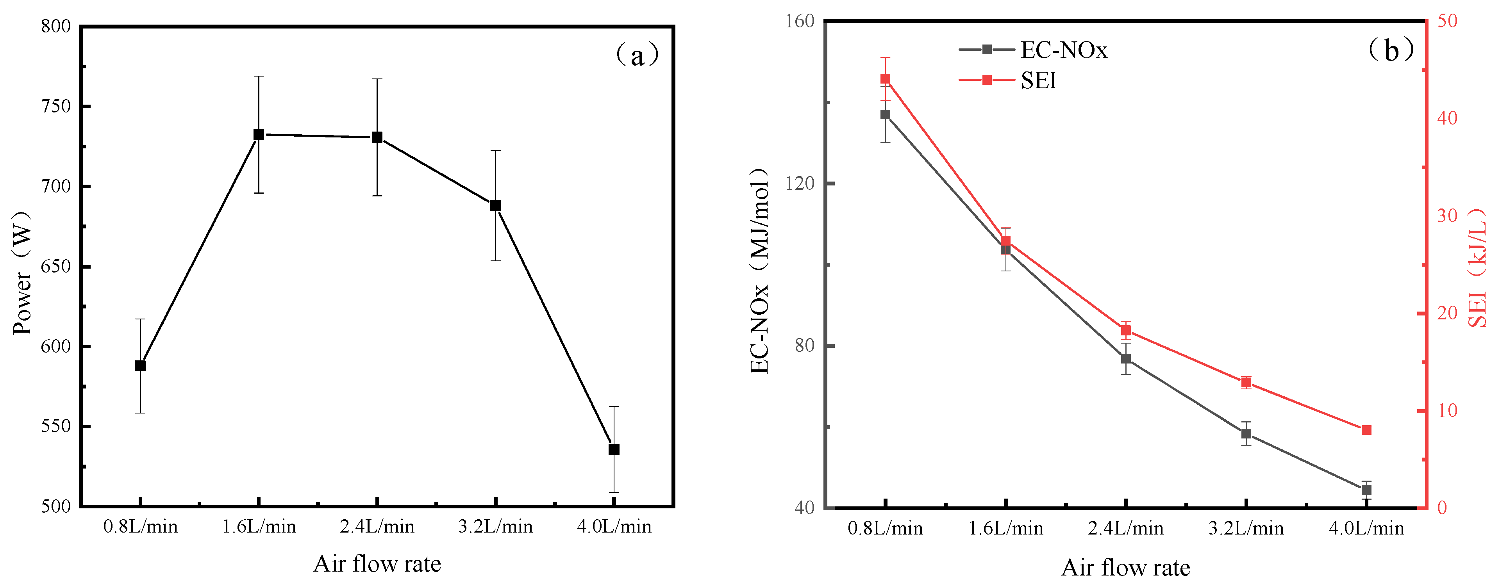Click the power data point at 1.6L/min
tap(259, 134)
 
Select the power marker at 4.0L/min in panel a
tap(614, 449)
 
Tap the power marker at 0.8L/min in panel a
tap(140, 365)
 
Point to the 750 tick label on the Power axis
tap(57, 107)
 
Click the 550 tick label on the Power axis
tap(57, 426)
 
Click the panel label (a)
tap(637, 55)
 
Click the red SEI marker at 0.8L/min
tap(885, 79)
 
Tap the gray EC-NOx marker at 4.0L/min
tap(1366, 490)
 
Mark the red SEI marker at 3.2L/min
tap(1246, 383)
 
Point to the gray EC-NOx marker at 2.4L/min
tap(1125, 359)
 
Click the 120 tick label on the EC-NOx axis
tap(800, 184)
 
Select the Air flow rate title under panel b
tap(1125, 568)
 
